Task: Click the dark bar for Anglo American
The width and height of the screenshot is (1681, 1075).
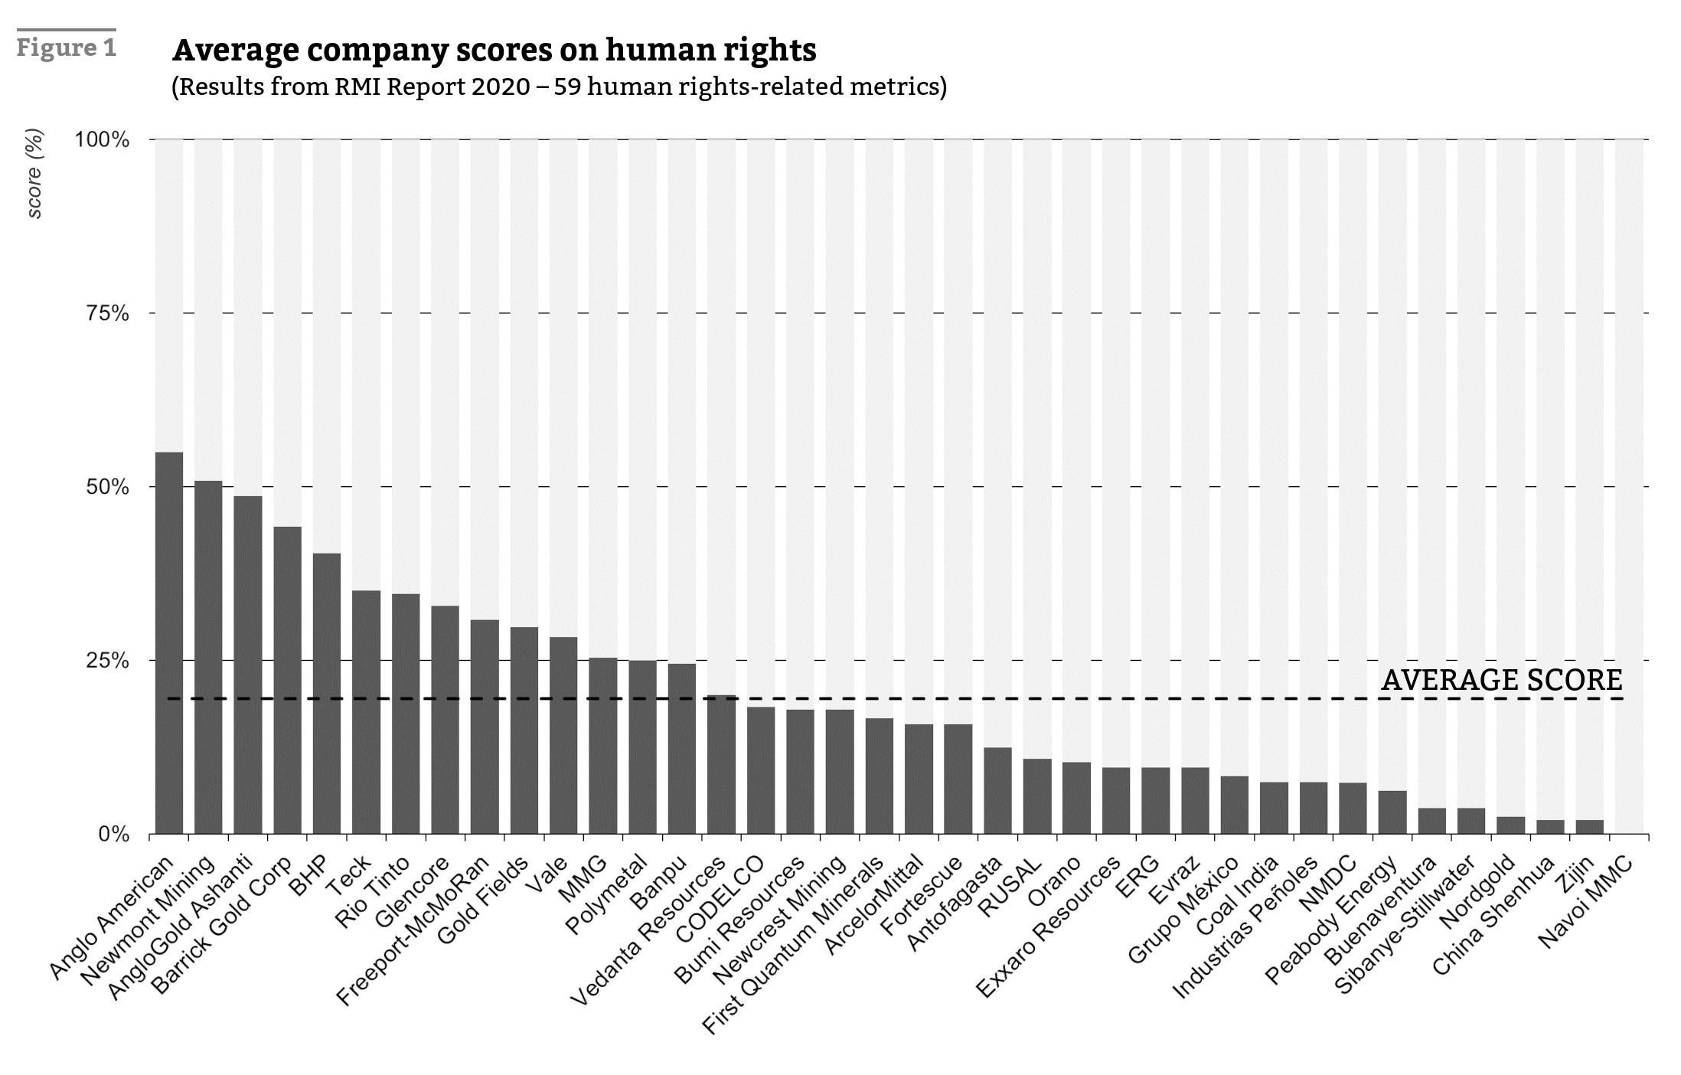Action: point(168,643)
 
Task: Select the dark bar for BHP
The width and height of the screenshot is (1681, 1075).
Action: point(327,693)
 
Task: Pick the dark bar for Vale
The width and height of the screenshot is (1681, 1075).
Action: point(563,735)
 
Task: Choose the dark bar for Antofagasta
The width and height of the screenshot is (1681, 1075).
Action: point(997,790)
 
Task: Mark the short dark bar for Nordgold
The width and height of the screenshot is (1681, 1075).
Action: point(1510,825)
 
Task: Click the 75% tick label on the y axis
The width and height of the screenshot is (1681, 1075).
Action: point(106,313)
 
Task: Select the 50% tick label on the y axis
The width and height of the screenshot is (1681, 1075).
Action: point(106,487)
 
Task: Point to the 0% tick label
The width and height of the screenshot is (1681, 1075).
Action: point(113,834)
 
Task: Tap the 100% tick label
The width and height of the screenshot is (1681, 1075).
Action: point(102,140)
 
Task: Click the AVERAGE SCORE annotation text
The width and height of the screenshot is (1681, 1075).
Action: point(1501,680)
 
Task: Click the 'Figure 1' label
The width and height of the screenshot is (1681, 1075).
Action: point(67,47)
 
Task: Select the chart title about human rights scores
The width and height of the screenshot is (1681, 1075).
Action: point(495,50)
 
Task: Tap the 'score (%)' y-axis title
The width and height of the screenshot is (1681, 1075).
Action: point(34,174)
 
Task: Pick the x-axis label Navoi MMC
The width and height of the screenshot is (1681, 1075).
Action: point(1585,903)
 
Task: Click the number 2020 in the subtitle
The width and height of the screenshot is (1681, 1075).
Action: point(501,87)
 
